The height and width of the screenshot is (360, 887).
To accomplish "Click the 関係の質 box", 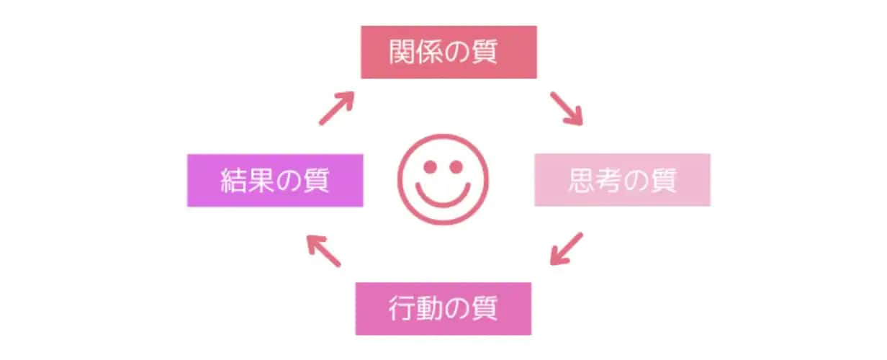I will pyautogui.click(x=449, y=52).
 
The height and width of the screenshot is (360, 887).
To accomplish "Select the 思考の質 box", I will pyautogui.click(x=622, y=180).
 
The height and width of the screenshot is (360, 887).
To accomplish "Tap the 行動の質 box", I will pyautogui.click(x=443, y=308).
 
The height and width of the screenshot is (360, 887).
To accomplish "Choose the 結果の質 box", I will pyautogui.click(x=275, y=180).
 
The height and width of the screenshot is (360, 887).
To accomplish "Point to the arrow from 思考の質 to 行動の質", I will pyautogui.click(x=566, y=248).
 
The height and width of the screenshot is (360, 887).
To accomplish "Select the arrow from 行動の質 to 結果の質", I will pyautogui.click(x=323, y=250).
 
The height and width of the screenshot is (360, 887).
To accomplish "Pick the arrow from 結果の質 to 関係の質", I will pyautogui.click(x=336, y=108).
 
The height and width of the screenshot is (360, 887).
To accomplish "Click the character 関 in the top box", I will pyautogui.click(x=402, y=52).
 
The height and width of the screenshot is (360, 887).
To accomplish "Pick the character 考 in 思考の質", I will pyautogui.click(x=608, y=180).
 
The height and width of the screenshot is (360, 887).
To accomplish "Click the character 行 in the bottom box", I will pyautogui.click(x=402, y=308).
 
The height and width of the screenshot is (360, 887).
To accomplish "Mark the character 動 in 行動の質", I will pyautogui.click(x=429, y=308).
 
